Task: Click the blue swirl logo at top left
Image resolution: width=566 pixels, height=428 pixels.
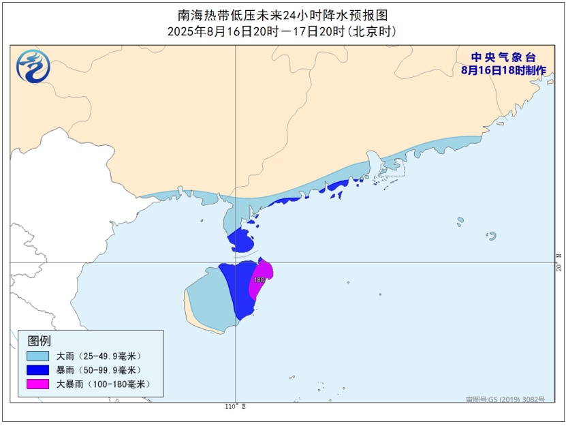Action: (x=33, y=67)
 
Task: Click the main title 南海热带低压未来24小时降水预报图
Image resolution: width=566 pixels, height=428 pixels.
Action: (x=283, y=15)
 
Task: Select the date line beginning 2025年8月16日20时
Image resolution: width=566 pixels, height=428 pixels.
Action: (x=283, y=31)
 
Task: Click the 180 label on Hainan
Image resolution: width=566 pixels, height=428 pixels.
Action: (x=259, y=279)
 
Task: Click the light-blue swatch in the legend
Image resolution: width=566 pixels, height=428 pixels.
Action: (x=38, y=356)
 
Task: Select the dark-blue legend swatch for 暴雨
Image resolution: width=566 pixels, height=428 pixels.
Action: (x=38, y=370)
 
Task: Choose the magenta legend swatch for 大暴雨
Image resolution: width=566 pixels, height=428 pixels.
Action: (x=38, y=384)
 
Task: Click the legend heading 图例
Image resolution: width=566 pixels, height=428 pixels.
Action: (x=39, y=341)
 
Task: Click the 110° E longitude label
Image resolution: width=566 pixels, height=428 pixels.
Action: (x=234, y=407)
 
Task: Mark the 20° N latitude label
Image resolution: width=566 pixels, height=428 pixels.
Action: (x=559, y=262)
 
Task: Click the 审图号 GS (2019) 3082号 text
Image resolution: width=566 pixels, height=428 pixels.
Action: (x=505, y=399)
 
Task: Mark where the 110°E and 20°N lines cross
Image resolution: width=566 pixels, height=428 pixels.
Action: (x=236, y=262)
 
